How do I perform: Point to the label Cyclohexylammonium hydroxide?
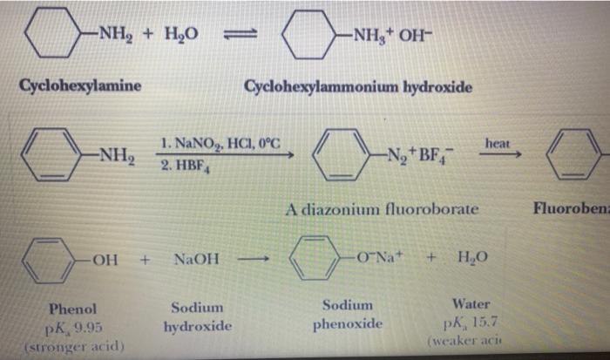tap(358, 87)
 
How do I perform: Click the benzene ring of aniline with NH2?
tap(51, 155)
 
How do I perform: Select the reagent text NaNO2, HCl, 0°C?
tap(220, 143)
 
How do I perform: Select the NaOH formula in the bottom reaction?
tap(197, 260)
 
